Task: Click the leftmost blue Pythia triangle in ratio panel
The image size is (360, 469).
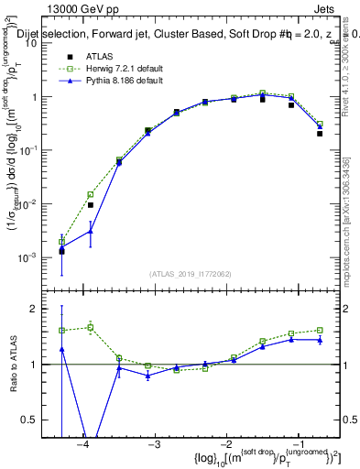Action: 61,349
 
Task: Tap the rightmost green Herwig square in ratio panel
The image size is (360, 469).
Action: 320,330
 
